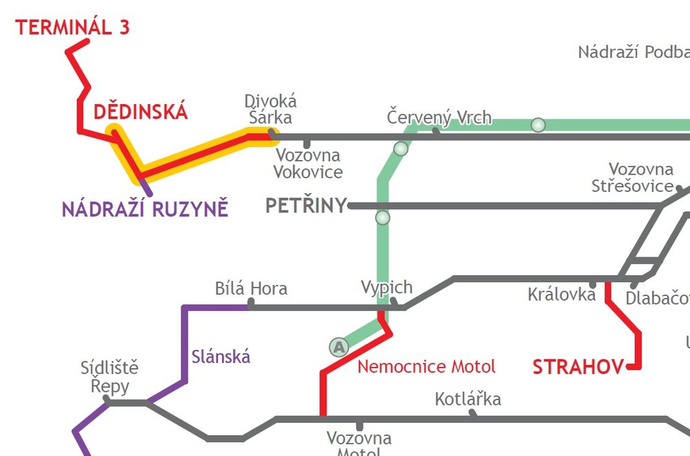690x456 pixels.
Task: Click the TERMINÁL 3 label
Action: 72,28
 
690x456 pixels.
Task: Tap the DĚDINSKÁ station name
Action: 140,112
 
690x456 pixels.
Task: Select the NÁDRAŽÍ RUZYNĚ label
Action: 145,209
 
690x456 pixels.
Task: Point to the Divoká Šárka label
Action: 270,110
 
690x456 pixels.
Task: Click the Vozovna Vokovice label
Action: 308,163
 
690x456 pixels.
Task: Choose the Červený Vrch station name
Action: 439,117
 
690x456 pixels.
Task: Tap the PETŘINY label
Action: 306,206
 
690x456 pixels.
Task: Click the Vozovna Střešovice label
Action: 633,178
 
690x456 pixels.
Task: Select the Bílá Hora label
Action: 251,288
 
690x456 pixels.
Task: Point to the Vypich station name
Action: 386,287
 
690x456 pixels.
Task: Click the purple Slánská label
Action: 220,357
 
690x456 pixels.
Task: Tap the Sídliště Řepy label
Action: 109,377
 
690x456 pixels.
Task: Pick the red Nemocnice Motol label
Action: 426,366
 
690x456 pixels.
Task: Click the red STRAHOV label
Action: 578,368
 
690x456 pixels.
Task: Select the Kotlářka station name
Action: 468,399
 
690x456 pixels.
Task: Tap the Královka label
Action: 561,295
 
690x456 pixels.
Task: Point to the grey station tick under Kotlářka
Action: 473,413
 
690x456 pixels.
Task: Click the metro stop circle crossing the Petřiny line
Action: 382,218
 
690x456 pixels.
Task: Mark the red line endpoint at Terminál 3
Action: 87,42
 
